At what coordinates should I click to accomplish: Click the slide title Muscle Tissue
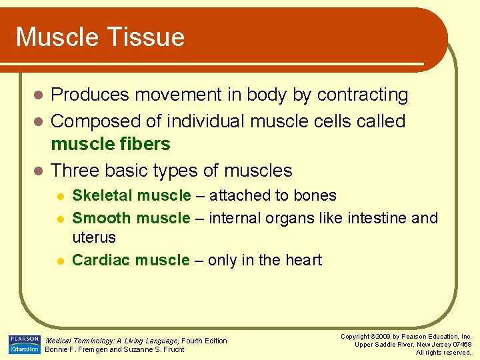click(x=100, y=37)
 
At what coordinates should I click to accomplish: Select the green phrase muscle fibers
click(x=111, y=144)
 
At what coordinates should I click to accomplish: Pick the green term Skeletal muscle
click(x=131, y=195)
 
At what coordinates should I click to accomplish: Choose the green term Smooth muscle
click(x=131, y=218)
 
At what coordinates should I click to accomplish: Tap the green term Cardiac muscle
click(x=131, y=260)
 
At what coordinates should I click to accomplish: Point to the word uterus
click(x=94, y=237)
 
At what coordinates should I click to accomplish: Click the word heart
click(x=301, y=260)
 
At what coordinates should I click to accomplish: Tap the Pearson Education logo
click(x=24, y=344)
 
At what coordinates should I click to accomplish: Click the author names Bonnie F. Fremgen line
click(x=114, y=349)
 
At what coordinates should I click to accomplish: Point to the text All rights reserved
click(x=443, y=352)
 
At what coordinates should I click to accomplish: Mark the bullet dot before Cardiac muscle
click(x=59, y=261)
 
